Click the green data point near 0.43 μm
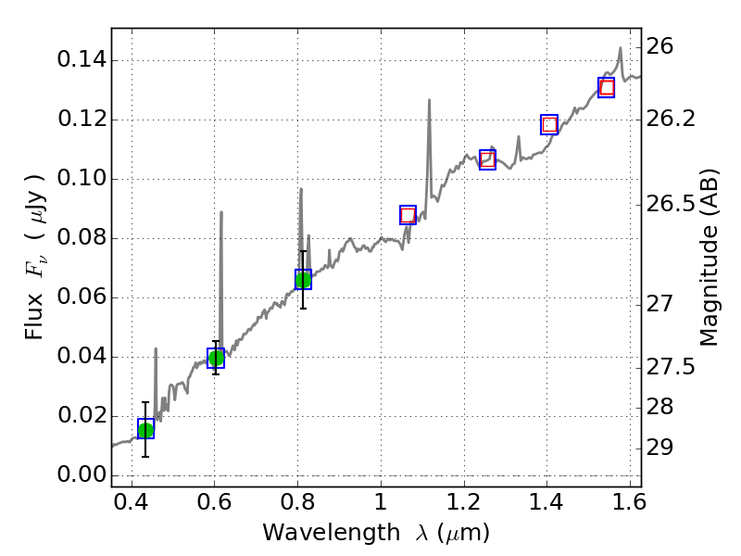[x=145, y=429]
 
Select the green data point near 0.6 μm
[x=216, y=358]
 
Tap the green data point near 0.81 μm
[x=303, y=279]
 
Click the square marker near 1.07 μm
[x=408, y=215]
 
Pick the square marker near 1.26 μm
[x=488, y=159]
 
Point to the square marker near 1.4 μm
[x=549, y=124]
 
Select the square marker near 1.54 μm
[x=607, y=88]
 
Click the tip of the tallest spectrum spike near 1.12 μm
[x=429, y=99]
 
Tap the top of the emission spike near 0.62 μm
[x=221, y=212]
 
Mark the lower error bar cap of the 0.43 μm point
[x=145, y=456]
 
